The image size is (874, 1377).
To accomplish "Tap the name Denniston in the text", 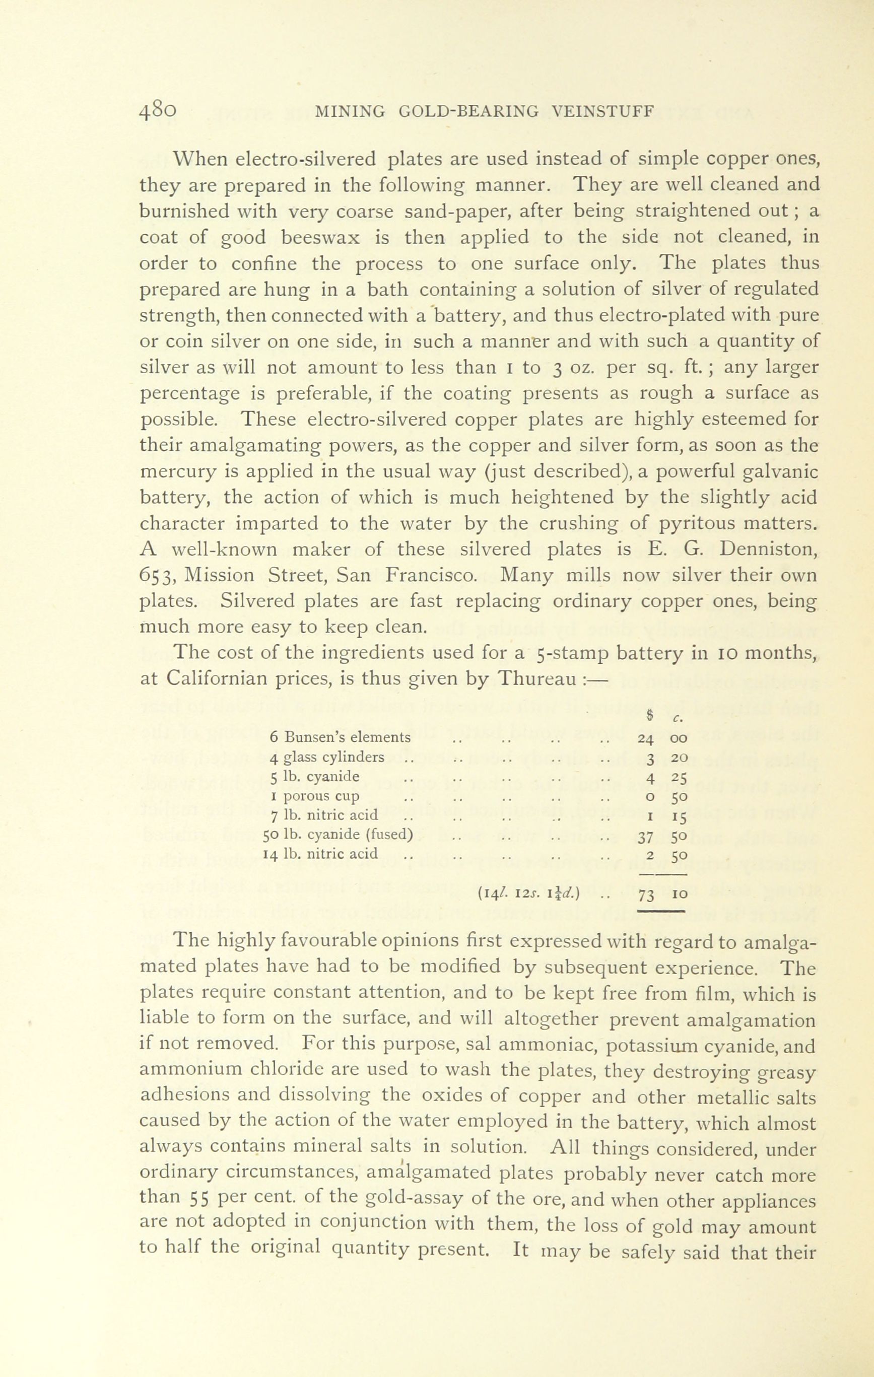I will (x=769, y=550).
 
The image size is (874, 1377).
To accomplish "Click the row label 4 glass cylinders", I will (x=326, y=758).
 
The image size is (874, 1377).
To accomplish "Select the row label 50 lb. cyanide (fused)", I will (x=338, y=835).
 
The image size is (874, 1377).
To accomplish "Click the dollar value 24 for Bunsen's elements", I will (x=645, y=738).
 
